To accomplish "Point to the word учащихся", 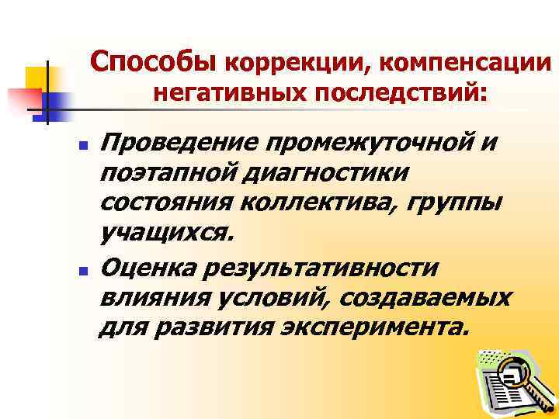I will [x=164, y=234].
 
